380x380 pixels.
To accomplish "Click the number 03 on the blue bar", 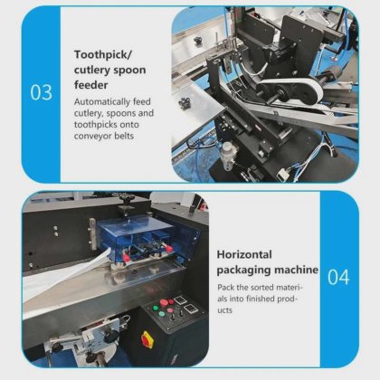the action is coord(41,92).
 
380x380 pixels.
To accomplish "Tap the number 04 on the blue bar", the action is coord(338,278).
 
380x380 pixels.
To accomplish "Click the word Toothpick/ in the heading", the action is coord(104,55).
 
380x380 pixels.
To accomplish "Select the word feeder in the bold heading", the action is coord(90,85).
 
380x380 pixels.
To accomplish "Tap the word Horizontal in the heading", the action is coord(244,254).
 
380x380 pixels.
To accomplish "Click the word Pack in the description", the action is coord(225,288).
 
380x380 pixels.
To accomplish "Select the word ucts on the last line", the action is coord(225,310).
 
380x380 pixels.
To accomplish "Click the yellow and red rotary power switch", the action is coord(147,340).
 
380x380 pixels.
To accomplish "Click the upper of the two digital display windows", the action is coord(179,300).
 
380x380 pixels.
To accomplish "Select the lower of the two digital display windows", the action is coord(191,309).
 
